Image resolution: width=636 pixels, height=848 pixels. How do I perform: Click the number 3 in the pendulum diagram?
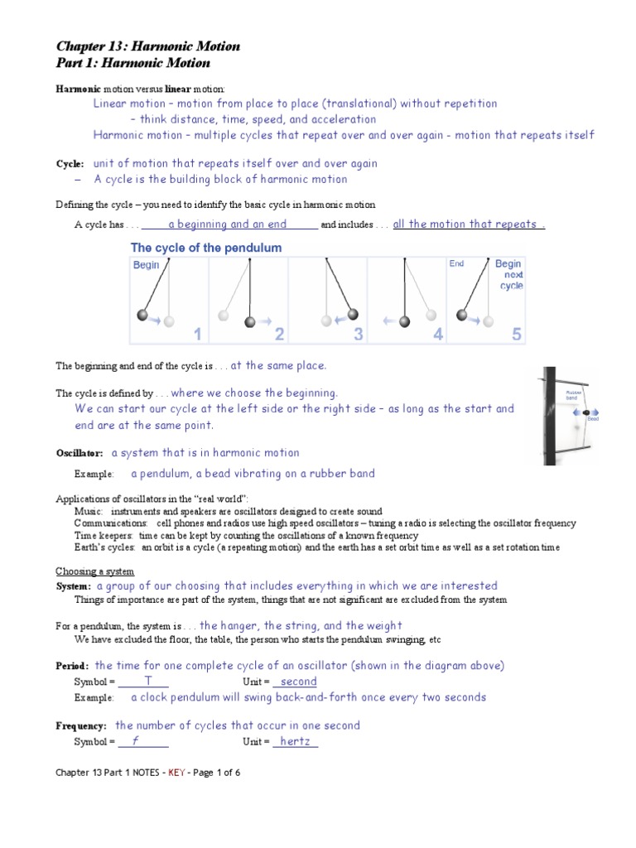pyautogui.click(x=359, y=334)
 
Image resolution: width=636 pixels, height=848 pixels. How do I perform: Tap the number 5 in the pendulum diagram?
pyautogui.click(x=517, y=334)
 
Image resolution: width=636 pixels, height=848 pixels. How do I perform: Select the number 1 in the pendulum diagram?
pyautogui.click(x=198, y=334)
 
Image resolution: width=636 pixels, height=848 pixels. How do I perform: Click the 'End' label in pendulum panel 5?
pyautogui.click(x=457, y=264)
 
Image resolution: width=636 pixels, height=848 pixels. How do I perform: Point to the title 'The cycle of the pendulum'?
pyautogui.click(x=206, y=248)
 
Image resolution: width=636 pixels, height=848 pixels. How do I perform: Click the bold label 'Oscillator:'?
pyautogui.click(x=79, y=454)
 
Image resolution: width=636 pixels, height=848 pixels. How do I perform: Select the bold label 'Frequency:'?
pyautogui.click(x=81, y=726)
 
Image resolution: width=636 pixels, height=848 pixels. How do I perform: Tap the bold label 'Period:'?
pyautogui.click(x=72, y=667)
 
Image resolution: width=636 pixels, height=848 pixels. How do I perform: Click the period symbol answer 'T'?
pyautogui.click(x=147, y=682)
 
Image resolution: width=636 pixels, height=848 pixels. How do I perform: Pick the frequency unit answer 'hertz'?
pyautogui.click(x=295, y=741)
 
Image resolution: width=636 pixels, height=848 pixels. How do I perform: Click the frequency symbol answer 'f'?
pyautogui.click(x=135, y=741)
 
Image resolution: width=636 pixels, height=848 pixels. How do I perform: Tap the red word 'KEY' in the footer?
pyautogui.click(x=177, y=773)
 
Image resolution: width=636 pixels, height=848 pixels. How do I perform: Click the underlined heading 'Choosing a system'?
pyautogui.click(x=95, y=571)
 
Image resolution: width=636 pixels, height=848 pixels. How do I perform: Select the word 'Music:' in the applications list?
pyautogui.click(x=88, y=512)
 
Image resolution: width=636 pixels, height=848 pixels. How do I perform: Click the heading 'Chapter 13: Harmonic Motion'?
pyautogui.click(x=148, y=46)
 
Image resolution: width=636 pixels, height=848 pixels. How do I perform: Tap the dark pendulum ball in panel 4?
pyautogui.click(x=405, y=320)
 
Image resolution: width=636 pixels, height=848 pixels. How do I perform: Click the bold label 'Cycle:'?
pyautogui.click(x=70, y=164)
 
